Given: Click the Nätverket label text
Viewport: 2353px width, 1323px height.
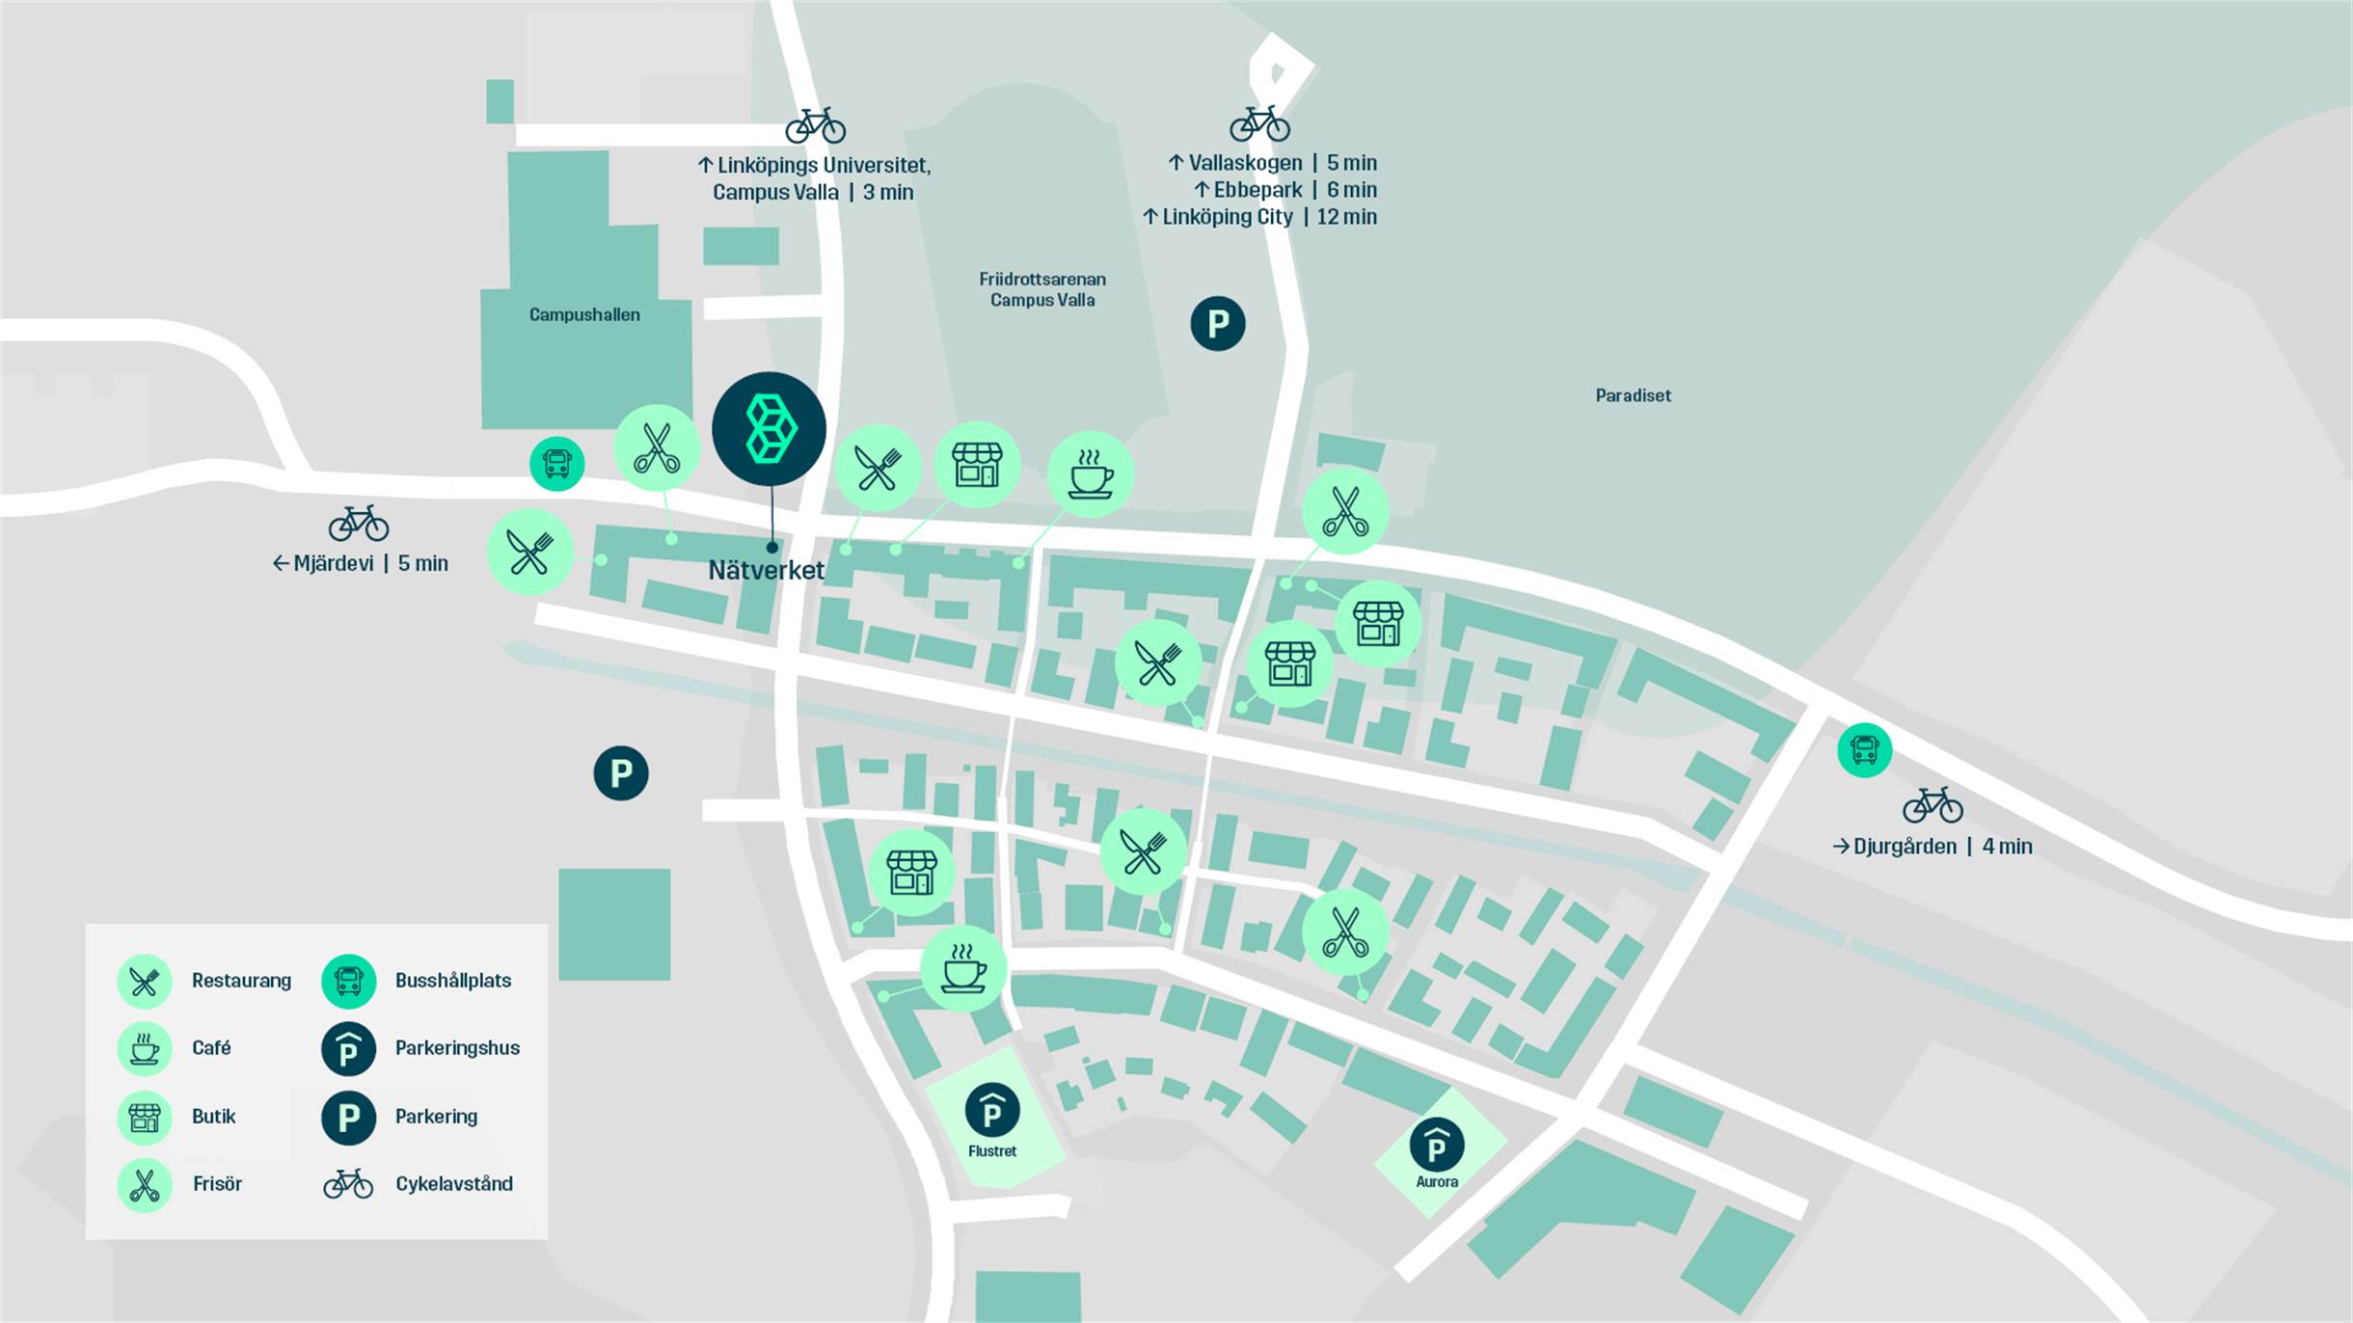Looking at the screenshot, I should click(x=766, y=570).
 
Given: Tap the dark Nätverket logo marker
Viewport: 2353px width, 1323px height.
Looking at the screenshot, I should click(x=769, y=429).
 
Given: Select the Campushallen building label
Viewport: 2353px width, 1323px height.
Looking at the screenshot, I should click(x=584, y=314).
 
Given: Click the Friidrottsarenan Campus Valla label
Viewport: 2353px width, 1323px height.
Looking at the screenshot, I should click(x=1042, y=289).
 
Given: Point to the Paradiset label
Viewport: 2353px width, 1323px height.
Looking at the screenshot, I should click(x=1633, y=395).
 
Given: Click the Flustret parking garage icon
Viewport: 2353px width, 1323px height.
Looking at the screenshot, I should click(x=992, y=1111).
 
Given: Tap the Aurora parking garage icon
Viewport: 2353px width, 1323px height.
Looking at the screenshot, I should click(x=1436, y=1145).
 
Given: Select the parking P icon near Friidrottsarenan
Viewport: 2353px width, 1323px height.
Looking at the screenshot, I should click(x=1218, y=323).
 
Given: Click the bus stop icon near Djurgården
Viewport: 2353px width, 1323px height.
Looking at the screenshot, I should click(x=1864, y=749).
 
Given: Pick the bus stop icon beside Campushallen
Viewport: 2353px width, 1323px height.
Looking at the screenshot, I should click(x=556, y=464).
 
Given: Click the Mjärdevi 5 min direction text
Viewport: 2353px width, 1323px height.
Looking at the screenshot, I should click(x=361, y=563).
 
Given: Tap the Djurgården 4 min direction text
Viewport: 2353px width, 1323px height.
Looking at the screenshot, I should click(x=1932, y=847).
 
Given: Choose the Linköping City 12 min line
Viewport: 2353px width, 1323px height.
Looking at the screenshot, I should click(x=1259, y=217).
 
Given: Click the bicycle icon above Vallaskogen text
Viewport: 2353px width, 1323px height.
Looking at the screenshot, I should click(x=1259, y=123).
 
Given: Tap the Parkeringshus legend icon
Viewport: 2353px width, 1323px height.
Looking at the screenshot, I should click(x=348, y=1049).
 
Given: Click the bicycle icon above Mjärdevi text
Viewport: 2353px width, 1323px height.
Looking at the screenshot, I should click(x=359, y=524).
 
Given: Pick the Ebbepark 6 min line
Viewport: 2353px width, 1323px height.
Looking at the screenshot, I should click(x=1285, y=190).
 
